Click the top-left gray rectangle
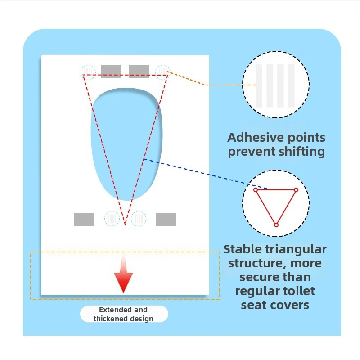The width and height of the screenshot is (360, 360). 111,72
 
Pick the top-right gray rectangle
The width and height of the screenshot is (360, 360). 139,72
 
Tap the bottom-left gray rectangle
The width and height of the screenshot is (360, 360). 84,219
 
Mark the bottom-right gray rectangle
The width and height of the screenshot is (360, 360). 166,219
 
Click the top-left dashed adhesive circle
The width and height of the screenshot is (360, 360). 88,72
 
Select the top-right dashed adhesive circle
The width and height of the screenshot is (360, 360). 163,72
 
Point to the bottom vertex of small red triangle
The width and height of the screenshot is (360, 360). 276,225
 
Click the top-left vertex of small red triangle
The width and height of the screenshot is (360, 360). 256,190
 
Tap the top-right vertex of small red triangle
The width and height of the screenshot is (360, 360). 296,190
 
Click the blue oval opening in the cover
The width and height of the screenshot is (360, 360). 126,144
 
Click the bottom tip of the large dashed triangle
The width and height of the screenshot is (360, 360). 125,224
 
